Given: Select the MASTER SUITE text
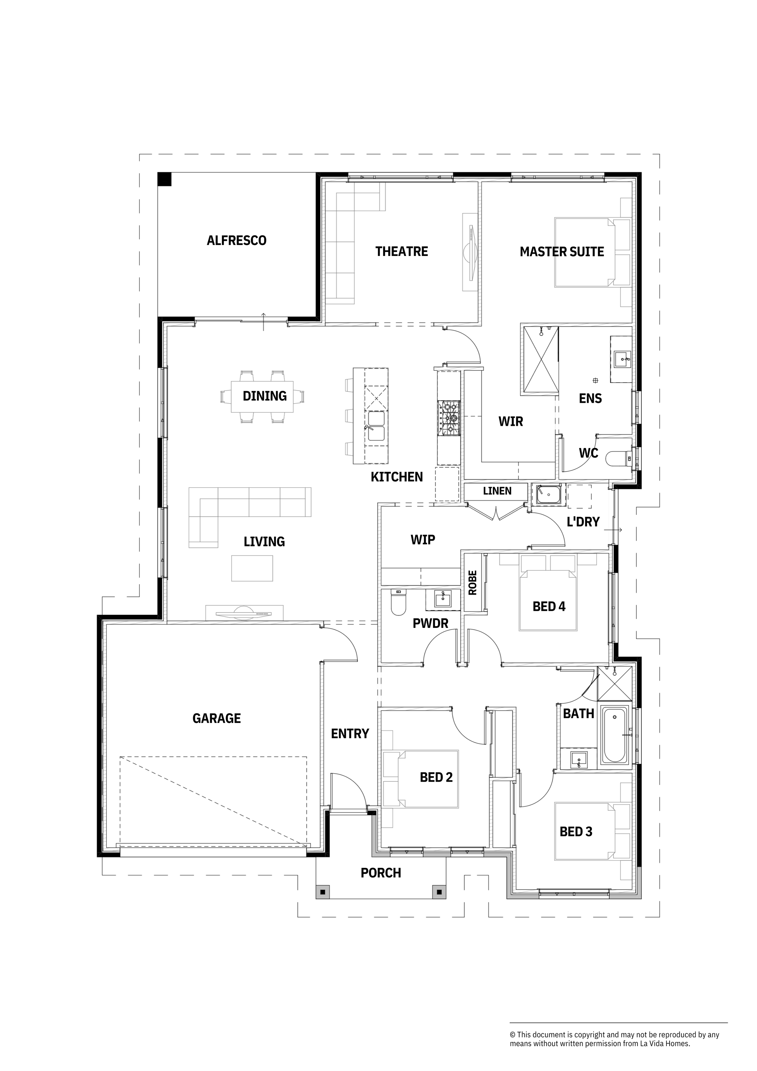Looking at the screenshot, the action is coord(562,252).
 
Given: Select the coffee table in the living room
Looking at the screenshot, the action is coord(252,568).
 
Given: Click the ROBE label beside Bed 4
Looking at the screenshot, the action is coord(472,583).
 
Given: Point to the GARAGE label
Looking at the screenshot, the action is coord(217,718).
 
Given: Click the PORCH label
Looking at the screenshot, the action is coord(381,873).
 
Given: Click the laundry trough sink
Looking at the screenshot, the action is coord(547,494).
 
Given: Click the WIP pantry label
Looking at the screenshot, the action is coord(423,540).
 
